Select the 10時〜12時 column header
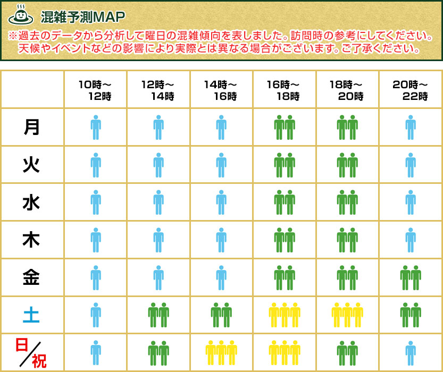click(95, 90)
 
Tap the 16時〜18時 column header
click(284, 90)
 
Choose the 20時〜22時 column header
click(410, 90)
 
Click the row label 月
click(32, 127)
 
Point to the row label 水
click(32, 202)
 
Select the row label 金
click(32, 277)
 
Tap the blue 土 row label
click(32, 315)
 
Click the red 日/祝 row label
click(31, 353)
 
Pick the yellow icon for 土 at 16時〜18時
click(284, 315)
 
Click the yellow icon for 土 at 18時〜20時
click(347, 315)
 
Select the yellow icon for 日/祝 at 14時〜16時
click(221, 353)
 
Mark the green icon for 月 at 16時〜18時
click(284, 128)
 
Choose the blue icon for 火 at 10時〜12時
click(96, 165)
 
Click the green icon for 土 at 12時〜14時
click(158, 315)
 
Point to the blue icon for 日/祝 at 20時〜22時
click(410, 353)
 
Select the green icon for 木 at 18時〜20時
click(347, 240)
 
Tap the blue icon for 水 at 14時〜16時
click(221, 202)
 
